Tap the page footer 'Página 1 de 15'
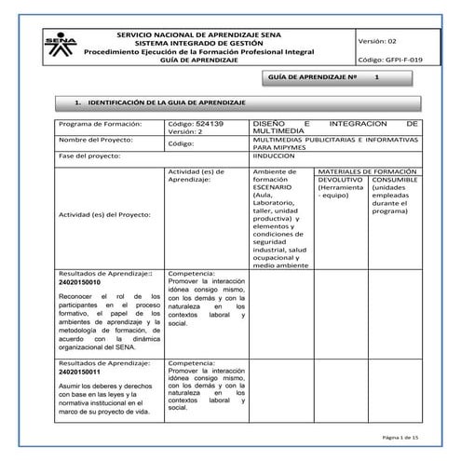(x=402, y=437)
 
